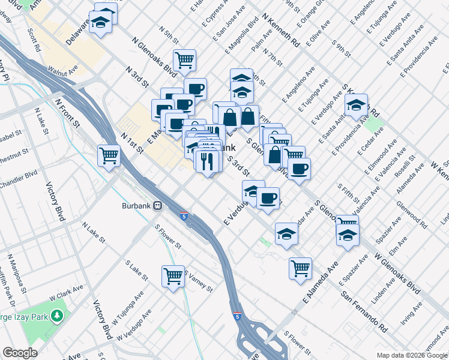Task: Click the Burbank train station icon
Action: coord(158,205)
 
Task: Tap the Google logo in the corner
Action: coord(20,353)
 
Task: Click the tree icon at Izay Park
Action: coord(57,315)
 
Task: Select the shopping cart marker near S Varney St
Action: coord(173,276)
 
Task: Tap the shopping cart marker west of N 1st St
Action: coord(109,156)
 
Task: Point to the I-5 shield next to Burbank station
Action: coord(183,215)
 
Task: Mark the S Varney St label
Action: coord(197,281)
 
